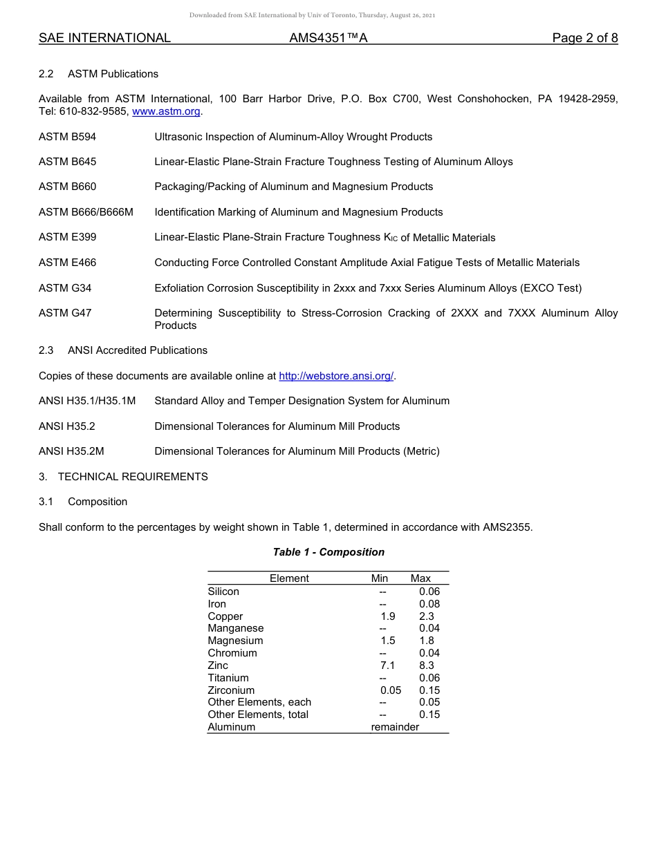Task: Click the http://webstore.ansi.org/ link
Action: [336, 376]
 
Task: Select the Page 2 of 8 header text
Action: [584, 38]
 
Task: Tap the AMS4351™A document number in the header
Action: [328, 38]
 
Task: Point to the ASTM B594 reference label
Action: [68, 137]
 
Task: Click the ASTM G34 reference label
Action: [65, 288]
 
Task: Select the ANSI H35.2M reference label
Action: [71, 451]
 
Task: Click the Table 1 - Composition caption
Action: [328, 552]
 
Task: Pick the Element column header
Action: [289, 578]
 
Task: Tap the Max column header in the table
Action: [420, 578]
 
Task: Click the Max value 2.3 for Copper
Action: [427, 616]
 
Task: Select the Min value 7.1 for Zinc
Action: [388, 665]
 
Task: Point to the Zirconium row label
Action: [231, 690]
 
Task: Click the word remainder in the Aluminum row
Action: [395, 727]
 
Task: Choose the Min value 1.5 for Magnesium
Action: [388, 641]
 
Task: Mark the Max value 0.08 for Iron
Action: [429, 604]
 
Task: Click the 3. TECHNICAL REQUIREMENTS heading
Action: [123, 477]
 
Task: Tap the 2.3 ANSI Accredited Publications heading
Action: [123, 350]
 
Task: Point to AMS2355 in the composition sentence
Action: [508, 527]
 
